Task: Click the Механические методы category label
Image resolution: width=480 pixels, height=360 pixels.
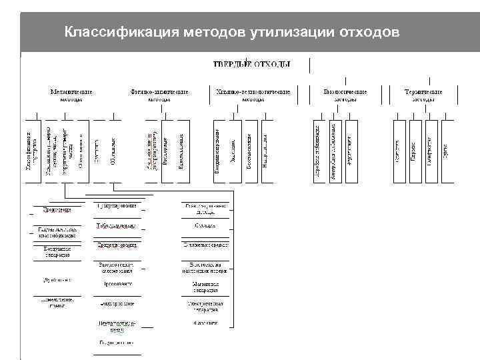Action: [x=71, y=95]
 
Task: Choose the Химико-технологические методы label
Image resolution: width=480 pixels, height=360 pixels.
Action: [x=253, y=95]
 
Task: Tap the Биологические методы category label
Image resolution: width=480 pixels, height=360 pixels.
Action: [x=345, y=95]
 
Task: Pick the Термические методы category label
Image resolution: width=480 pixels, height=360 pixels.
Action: [x=423, y=95]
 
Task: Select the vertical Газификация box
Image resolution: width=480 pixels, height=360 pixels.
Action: [x=431, y=150]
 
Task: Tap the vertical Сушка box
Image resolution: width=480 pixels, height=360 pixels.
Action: [x=447, y=150]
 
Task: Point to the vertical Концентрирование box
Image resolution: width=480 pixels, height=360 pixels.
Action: [x=217, y=150]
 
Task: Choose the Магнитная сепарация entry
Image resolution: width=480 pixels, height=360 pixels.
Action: [x=201, y=287]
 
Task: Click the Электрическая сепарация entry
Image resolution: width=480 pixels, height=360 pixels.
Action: [x=201, y=307]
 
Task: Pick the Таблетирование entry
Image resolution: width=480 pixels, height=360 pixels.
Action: [x=117, y=226]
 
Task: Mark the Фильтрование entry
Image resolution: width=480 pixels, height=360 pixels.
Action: [x=117, y=303]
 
